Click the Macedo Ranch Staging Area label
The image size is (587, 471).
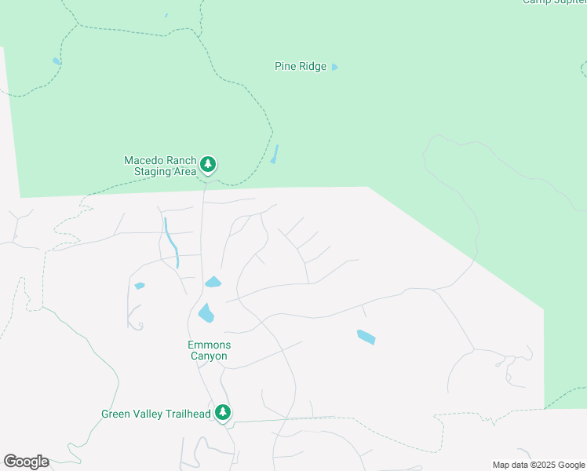(159, 166)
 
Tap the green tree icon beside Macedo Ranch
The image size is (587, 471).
(208, 164)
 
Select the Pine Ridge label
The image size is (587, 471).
(300, 67)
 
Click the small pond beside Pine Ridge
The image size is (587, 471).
(334, 67)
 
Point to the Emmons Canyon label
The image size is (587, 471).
(208, 350)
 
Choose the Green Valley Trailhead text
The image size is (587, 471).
(157, 414)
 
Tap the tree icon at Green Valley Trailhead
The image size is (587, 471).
(223, 412)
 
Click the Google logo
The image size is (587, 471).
(26, 462)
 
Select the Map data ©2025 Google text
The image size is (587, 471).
(538, 465)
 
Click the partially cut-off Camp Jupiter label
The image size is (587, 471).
(555, 2)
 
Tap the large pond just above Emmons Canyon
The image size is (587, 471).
(206, 312)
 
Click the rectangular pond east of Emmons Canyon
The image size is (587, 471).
(366, 337)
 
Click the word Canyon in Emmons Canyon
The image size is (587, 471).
(209, 356)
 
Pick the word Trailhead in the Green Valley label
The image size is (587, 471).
(188, 414)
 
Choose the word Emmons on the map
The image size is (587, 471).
(209, 345)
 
